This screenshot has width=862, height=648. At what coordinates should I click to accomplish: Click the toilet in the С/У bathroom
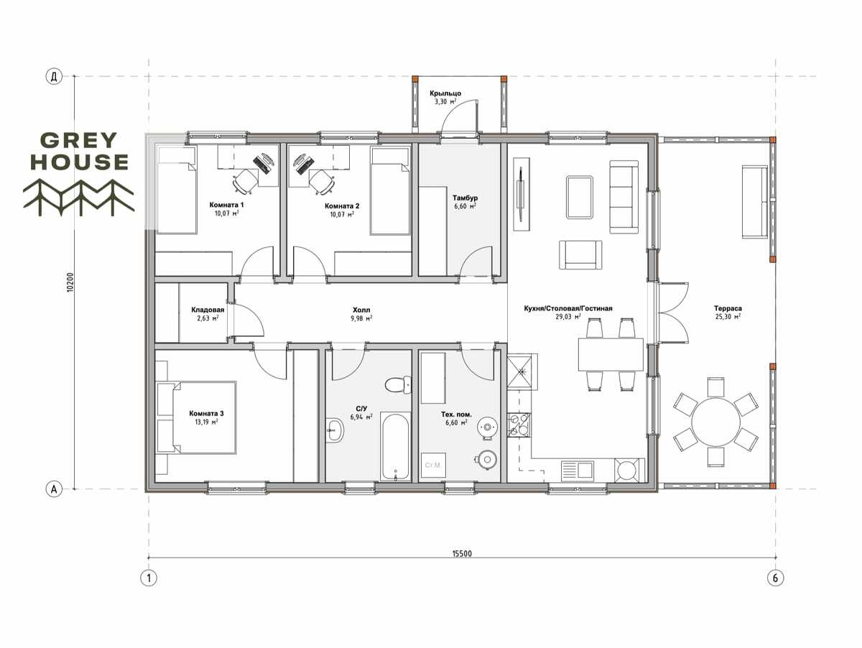coord(398,384)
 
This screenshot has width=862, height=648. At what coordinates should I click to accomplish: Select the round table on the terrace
coord(715,422)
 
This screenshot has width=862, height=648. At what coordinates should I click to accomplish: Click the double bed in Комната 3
coord(196,417)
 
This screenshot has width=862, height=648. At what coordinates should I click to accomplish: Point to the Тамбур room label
coord(465,198)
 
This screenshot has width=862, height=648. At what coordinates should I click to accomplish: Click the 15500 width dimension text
coord(462,554)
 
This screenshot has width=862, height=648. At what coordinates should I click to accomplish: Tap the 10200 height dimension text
coord(70,282)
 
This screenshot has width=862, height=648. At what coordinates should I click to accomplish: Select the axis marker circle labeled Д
coord(54,77)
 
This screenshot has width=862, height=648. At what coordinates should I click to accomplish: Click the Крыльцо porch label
coord(445,93)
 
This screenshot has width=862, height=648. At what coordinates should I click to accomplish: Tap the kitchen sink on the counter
coord(577,469)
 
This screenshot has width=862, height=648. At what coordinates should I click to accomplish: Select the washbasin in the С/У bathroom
coord(335,430)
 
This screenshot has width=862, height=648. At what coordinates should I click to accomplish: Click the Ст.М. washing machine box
coord(433,466)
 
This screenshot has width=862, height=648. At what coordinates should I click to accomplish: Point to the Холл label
coord(361,310)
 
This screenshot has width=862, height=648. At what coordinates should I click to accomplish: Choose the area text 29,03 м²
coord(568,317)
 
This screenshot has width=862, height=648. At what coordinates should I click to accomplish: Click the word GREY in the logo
coord(78,140)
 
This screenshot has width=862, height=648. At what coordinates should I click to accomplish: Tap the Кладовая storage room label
coord(208,310)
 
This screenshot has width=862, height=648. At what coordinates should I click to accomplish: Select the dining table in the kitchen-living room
coord(611,354)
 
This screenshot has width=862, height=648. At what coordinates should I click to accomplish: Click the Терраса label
coord(728,309)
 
